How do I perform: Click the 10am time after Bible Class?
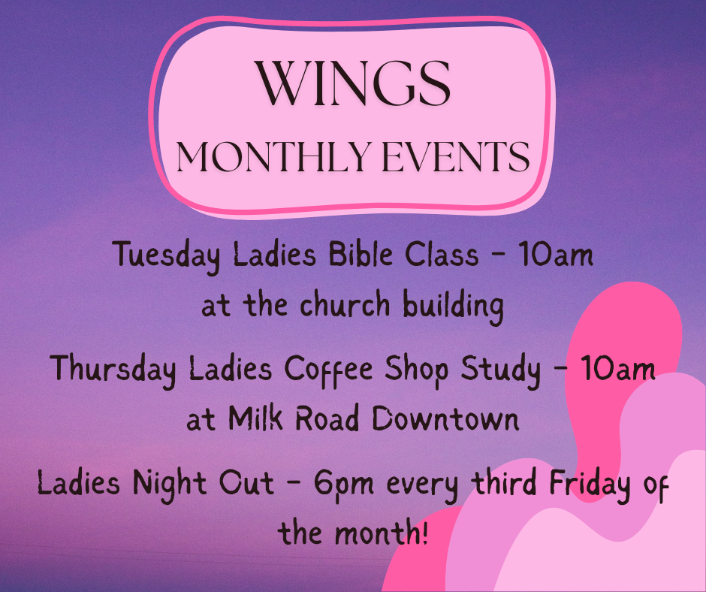pos(557,255)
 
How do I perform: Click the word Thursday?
pos(113,370)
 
